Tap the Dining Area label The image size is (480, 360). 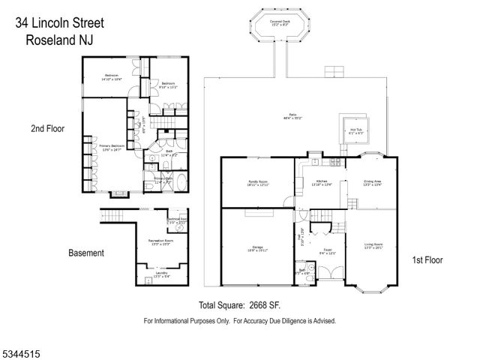[373, 182]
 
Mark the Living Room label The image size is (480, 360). [373, 244]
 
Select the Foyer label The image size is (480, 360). [328, 250]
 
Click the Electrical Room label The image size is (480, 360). [178, 220]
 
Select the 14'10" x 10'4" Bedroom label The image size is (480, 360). [112, 77]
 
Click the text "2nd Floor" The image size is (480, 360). [47, 129]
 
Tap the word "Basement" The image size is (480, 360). [86, 253]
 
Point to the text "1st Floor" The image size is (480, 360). [427, 260]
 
